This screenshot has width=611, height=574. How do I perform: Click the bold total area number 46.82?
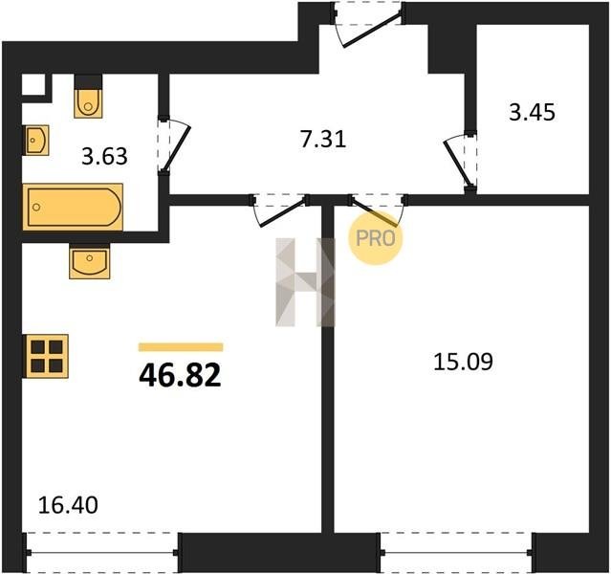click(180, 375)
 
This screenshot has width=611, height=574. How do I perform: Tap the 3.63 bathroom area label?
click(104, 157)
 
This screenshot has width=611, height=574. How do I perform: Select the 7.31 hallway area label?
click(323, 140)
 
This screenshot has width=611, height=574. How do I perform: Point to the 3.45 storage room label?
click(532, 113)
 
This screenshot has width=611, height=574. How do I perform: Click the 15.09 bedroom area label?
click(464, 362)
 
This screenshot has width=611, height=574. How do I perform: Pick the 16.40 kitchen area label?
click(68, 505)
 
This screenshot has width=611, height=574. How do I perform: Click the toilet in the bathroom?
click(88, 102)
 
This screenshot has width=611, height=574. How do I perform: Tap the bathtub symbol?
click(73, 207)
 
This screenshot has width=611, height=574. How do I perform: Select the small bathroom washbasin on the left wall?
click(36, 140)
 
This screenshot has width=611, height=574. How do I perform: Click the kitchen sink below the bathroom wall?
click(90, 261)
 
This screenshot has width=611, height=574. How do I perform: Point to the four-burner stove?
click(46, 356)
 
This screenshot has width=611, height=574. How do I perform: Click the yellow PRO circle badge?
click(375, 238)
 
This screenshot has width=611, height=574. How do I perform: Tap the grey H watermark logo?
click(305, 282)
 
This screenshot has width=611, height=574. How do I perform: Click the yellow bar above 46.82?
click(181, 347)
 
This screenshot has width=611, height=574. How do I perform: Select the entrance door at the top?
click(368, 23)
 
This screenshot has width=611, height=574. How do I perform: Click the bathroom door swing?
click(174, 144)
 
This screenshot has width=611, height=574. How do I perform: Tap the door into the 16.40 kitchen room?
click(279, 210)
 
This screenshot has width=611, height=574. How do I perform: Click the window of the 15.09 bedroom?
click(456, 552)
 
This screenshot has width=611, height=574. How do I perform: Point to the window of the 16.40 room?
click(101, 552)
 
